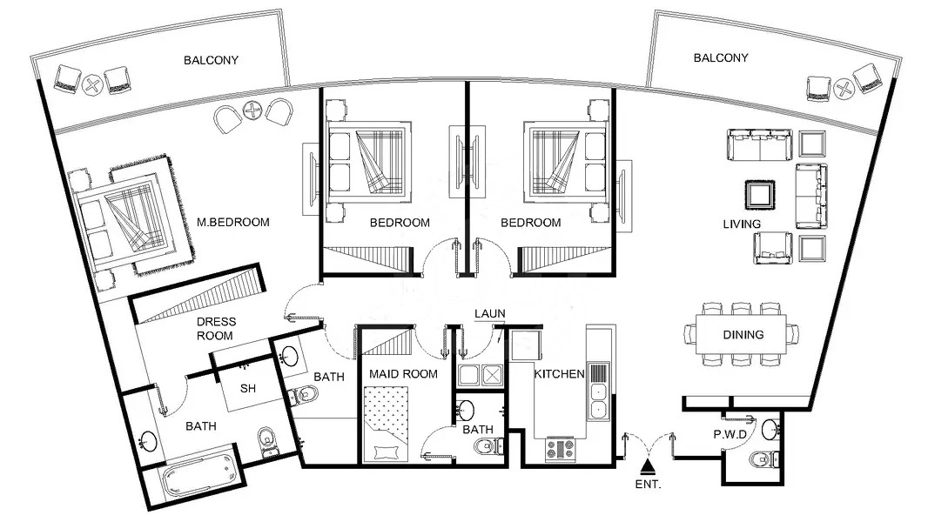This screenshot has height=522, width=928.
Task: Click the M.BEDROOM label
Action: click(x=232, y=223)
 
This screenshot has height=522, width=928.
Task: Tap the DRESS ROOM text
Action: click(x=216, y=329)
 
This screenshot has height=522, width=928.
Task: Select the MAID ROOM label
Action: click(x=401, y=374)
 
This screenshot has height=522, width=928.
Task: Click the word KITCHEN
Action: click(x=558, y=374)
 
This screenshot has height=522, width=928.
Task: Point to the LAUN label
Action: click(x=489, y=314)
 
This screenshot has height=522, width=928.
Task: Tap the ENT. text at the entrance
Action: click(x=648, y=485)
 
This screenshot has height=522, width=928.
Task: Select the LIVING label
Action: click(x=742, y=224)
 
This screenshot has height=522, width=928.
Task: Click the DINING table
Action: click(x=743, y=334)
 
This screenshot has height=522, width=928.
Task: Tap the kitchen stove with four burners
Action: click(x=561, y=450)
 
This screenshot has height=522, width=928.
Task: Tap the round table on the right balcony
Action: click(x=843, y=87)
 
